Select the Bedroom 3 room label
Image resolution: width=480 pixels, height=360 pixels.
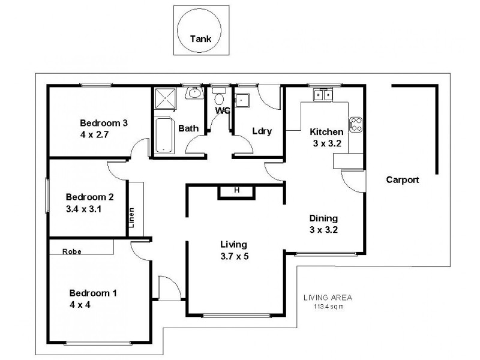coord(103,123)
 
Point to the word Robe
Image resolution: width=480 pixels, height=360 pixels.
coord(71,252)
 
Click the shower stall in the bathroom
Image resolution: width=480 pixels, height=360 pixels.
coord(164,99)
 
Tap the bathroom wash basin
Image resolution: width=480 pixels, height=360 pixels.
coord(194,94)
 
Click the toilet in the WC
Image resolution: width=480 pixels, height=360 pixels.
coord(220,99)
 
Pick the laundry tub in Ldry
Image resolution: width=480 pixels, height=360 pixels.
coord(242,100)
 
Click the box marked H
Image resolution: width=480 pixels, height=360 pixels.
coord(236,190)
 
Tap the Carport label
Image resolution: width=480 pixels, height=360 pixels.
coord(402,179)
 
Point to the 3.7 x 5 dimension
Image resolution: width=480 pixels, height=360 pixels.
coord(234,256)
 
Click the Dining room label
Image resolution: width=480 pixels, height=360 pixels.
coord(323,218)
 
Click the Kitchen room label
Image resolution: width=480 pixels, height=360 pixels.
coord(326,132)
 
